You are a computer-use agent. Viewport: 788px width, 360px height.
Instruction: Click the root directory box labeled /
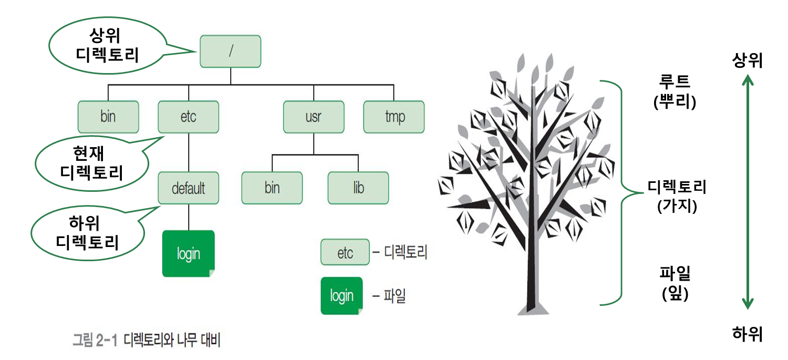[230, 52]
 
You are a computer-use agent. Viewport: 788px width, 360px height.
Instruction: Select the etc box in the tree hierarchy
[188, 117]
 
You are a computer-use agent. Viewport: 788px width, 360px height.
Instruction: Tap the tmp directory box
[394, 117]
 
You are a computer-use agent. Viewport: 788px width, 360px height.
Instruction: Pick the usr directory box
[313, 117]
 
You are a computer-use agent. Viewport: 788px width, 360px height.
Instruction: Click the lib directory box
[358, 188]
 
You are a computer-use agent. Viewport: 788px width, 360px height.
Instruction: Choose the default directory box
[188, 188]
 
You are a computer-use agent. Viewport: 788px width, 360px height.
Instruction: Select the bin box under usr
[272, 188]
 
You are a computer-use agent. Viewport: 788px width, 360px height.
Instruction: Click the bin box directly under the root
[108, 117]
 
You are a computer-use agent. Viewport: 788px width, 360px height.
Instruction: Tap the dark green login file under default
[189, 253]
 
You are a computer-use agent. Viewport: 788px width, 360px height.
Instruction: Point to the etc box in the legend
[345, 253]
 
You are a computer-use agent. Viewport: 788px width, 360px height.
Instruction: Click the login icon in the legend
[341, 296]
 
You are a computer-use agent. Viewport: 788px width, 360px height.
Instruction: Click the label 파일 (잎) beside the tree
[675, 284]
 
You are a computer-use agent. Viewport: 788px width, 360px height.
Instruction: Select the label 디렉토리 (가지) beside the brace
[677, 196]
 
